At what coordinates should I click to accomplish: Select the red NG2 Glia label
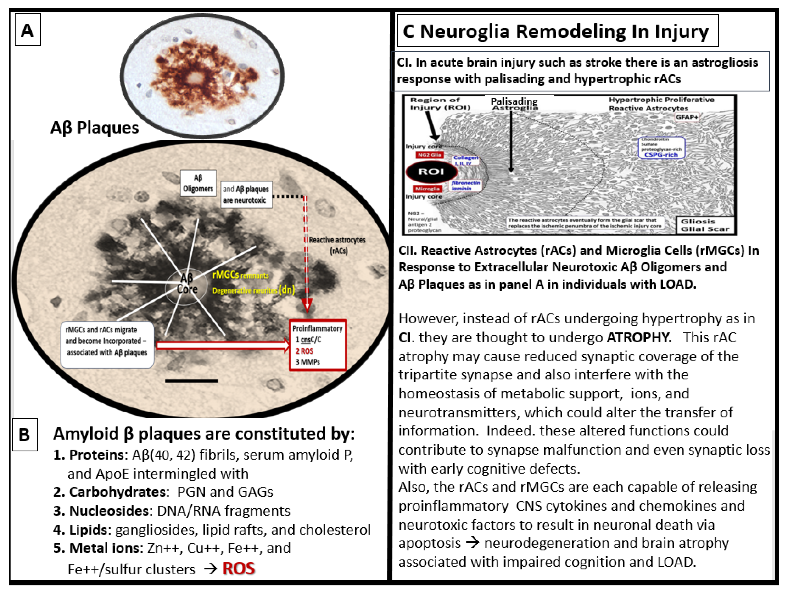click(x=429, y=155)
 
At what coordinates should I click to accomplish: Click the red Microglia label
click(x=427, y=189)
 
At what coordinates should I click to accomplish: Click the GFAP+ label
click(x=687, y=117)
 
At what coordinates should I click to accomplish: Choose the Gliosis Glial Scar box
click(x=705, y=225)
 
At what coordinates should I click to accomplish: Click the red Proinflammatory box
click(x=317, y=345)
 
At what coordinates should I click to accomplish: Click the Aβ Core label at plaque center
click(x=187, y=284)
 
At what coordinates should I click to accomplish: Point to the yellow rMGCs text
click(x=226, y=275)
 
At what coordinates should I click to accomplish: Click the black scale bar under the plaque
click(x=191, y=381)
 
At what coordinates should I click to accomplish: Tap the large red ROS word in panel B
click(x=239, y=569)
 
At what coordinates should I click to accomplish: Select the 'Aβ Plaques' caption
click(x=94, y=127)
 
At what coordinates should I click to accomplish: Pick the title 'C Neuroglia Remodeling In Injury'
click(x=556, y=31)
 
